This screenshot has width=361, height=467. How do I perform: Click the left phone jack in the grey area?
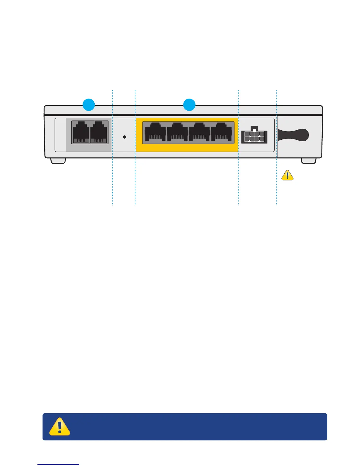[x=81, y=132]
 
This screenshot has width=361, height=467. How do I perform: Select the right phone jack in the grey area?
[x=99, y=132]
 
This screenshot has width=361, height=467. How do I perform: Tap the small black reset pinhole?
[x=124, y=137]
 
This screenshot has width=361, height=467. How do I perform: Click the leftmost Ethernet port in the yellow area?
[x=155, y=133]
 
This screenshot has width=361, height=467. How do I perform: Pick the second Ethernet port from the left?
[x=177, y=133]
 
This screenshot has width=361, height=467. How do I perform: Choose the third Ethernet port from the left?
[x=199, y=133]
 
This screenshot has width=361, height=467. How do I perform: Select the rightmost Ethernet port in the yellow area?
[x=221, y=133]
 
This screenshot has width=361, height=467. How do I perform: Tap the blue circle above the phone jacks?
[x=88, y=105]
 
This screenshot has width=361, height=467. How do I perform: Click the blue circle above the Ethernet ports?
[x=189, y=105]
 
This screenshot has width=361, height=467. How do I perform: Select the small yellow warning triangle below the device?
[x=287, y=175]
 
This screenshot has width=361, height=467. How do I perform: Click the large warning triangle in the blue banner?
[x=60, y=426]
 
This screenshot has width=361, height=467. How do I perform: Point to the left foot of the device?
[x=58, y=161]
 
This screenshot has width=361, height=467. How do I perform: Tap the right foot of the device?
[x=309, y=161]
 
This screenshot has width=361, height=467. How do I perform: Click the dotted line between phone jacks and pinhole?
[x=113, y=183]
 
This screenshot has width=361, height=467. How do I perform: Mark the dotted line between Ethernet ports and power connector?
[x=238, y=183]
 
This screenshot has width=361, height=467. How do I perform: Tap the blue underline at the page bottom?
[x=58, y=464]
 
